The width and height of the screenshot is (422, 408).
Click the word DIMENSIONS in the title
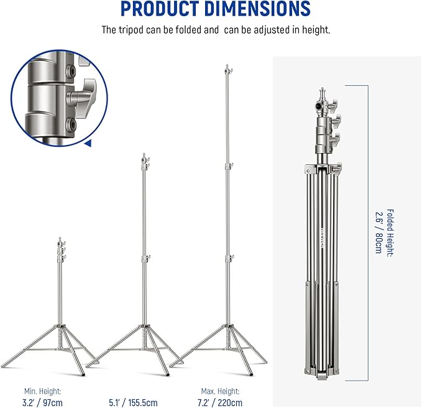click(x=257, y=9)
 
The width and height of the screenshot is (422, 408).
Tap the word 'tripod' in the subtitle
click(x=131, y=30)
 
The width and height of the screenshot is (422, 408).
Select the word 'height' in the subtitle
click(x=316, y=30)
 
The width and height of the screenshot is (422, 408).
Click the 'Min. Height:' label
click(x=42, y=391)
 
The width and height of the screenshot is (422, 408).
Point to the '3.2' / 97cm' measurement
click(x=42, y=403)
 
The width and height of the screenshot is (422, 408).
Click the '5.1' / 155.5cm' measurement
click(x=133, y=403)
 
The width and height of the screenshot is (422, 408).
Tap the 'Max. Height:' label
click(x=220, y=391)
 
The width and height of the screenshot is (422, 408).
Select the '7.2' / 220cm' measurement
click(x=220, y=403)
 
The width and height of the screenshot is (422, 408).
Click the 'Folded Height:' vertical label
click(x=390, y=233)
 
